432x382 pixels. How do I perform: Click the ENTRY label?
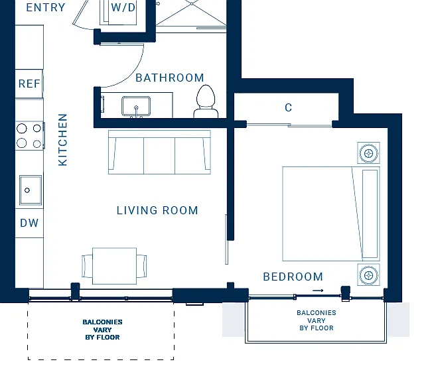(x=46, y=7)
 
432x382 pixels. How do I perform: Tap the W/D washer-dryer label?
(x=123, y=7)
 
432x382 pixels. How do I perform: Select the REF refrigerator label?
(x=29, y=84)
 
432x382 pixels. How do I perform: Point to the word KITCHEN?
(x=63, y=140)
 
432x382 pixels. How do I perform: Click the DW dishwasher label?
(x=29, y=223)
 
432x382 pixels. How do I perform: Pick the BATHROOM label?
(x=170, y=78)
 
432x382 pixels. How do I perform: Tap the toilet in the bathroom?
(x=206, y=101)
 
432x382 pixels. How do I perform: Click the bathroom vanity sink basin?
(x=136, y=106)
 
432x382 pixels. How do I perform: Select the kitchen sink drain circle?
(x=27, y=190)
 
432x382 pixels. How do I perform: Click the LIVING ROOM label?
(x=157, y=211)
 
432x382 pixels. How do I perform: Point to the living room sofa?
(x=159, y=153)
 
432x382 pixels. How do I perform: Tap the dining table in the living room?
(x=114, y=266)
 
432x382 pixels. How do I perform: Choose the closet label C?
(x=289, y=107)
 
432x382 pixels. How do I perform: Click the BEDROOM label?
(x=293, y=277)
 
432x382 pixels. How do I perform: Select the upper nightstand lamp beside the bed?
(x=369, y=153)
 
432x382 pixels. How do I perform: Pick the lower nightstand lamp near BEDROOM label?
(x=369, y=275)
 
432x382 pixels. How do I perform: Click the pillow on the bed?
(x=370, y=214)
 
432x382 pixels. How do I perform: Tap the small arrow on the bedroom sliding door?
(x=318, y=290)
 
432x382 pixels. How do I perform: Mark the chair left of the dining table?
(x=88, y=266)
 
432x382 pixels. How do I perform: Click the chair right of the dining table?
(x=141, y=266)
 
